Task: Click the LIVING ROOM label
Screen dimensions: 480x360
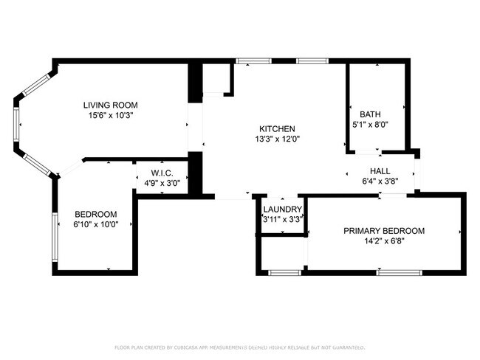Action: (x=111, y=105)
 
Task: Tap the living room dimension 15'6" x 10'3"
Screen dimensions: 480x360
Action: (x=111, y=116)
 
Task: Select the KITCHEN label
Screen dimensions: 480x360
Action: (x=278, y=129)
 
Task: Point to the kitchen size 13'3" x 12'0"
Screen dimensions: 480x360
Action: (x=278, y=139)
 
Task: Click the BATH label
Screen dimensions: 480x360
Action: (x=371, y=114)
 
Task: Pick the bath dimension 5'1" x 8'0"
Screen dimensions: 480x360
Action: (x=371, y=125)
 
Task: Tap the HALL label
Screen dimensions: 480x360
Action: (x=380, y=171)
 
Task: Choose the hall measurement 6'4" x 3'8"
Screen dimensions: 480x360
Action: (x=380, y=181)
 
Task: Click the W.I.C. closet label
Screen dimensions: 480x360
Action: (x=162, y=173)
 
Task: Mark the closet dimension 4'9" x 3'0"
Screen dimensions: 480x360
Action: (x=162, y=184)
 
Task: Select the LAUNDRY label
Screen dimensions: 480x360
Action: (x=283, y=210)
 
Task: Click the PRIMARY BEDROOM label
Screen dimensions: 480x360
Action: (x=384, y=231)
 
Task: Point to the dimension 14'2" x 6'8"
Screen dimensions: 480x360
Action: (x=385, y=241)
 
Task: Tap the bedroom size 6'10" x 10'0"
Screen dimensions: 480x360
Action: (x=96, y=225)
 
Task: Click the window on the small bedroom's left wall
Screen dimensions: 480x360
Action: (x=55, y=237)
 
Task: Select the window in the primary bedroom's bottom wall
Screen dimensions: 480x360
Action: (x=400, y=273)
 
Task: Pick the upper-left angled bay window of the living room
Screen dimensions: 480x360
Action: (x=38, y=84)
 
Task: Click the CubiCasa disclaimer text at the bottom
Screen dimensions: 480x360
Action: (x=240, y=347)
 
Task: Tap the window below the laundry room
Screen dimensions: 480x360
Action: (x=285, y=273)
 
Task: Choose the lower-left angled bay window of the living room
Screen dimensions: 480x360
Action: (x=38, y=165)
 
